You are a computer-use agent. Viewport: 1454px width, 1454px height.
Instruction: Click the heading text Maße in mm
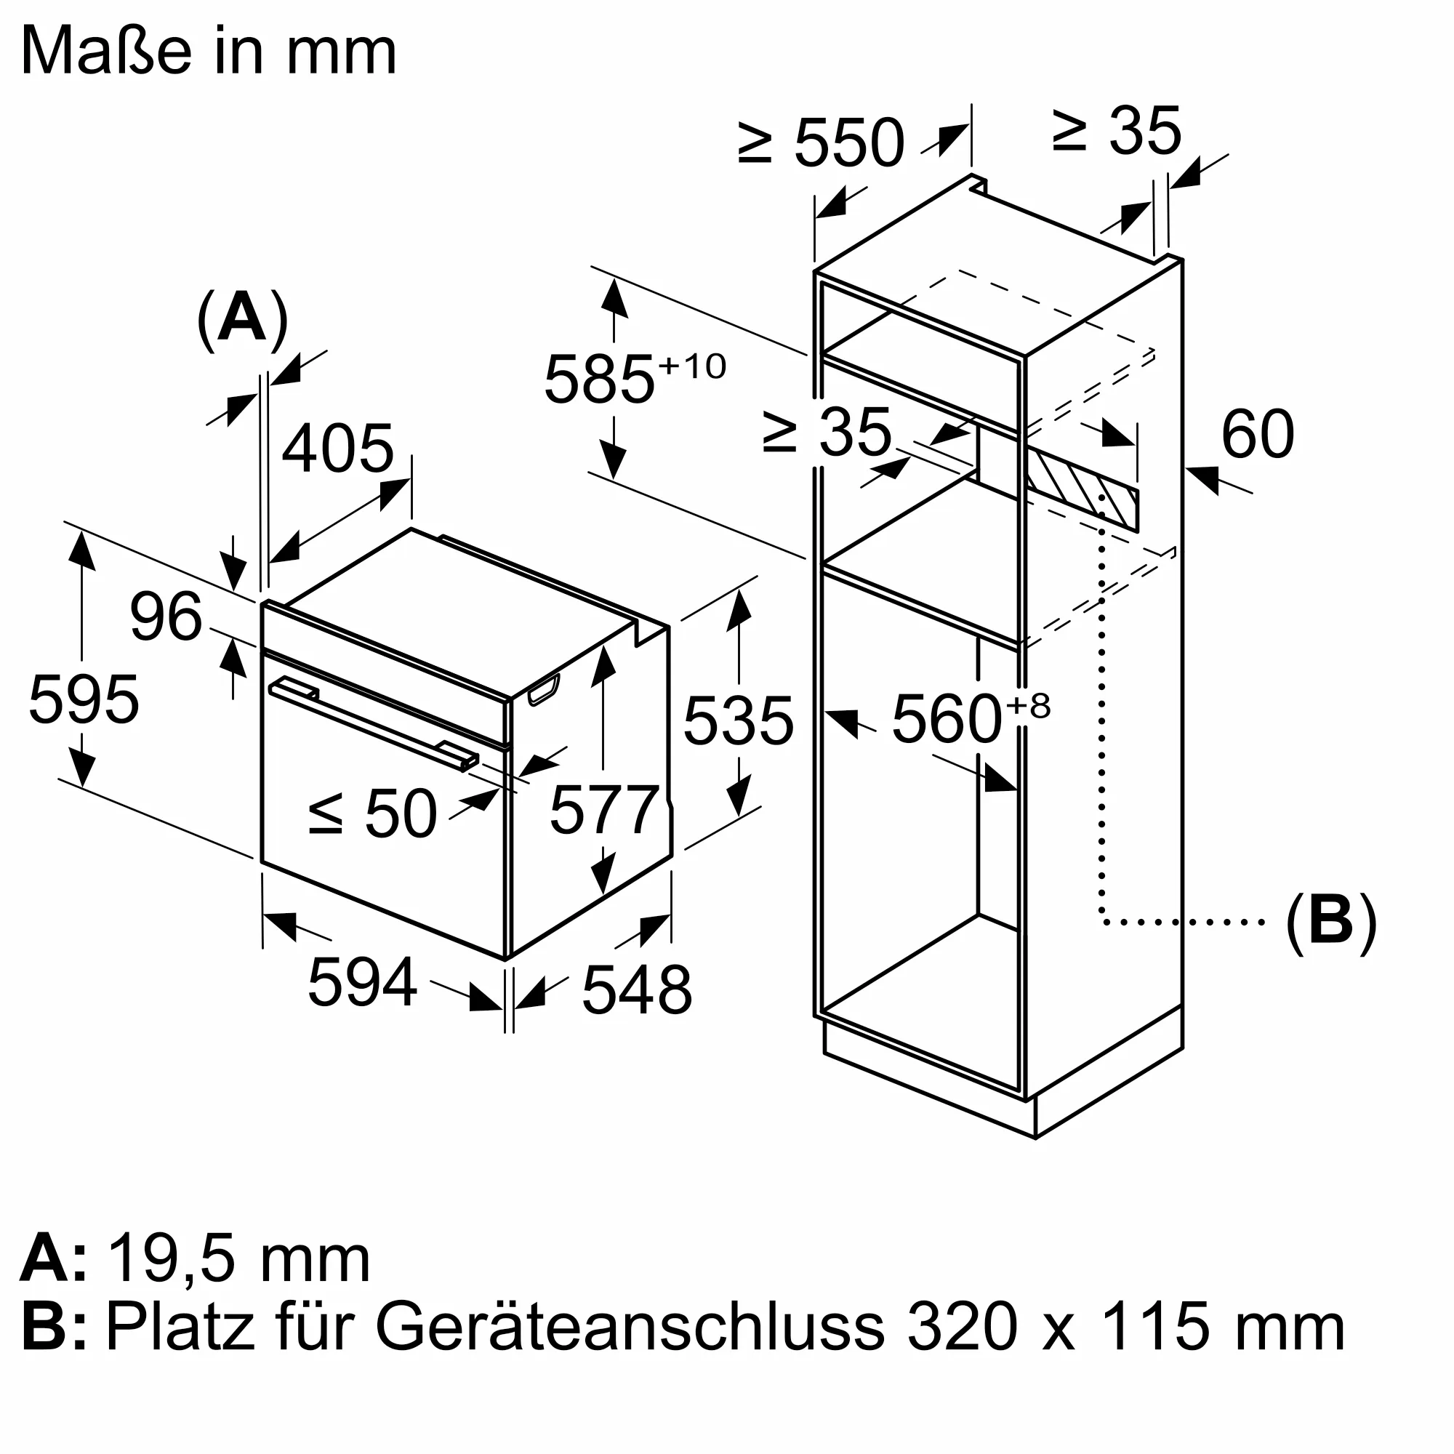(209, 51)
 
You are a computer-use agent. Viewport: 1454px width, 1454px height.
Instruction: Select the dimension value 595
(84, 699)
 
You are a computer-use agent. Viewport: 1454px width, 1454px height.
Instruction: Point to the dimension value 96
(166, 616)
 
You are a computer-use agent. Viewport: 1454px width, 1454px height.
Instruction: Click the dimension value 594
(362, 981)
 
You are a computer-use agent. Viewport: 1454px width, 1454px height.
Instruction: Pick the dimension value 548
(637, 989)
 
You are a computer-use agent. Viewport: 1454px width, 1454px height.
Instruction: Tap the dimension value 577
(604, 810)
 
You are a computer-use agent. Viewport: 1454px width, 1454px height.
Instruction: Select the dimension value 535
(739, 720)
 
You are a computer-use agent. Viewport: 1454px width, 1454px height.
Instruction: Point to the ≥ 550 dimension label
(820, 142)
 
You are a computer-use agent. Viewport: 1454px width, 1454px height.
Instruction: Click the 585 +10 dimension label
(635, 378)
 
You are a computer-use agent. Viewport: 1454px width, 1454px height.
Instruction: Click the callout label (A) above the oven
(241, 319)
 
